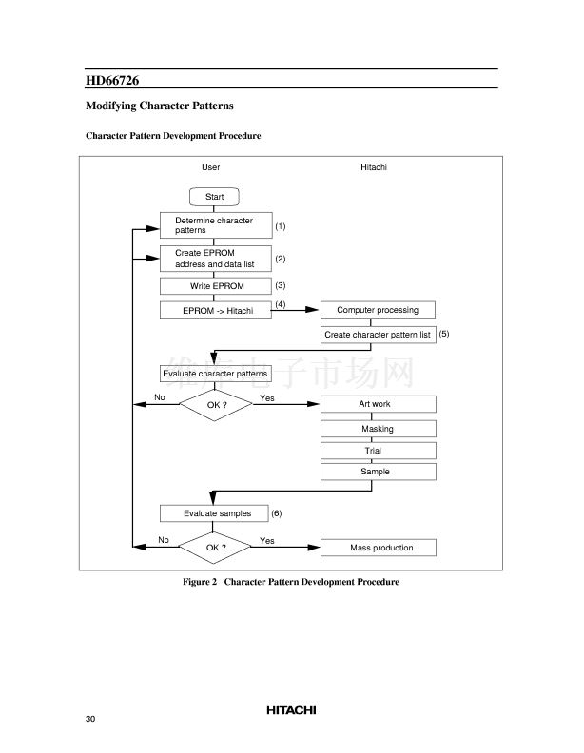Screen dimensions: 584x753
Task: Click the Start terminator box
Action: pos(214,197)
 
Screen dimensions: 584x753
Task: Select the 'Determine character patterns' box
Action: pos(216,225)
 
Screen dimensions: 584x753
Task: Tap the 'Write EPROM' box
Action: pos(216,286)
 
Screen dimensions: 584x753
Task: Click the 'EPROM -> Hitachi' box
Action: pos(216,310)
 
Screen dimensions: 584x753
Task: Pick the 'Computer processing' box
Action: pos(378,310)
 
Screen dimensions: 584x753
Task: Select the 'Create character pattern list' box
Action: pos(379,335)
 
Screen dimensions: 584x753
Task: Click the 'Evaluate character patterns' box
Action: pos(216,374)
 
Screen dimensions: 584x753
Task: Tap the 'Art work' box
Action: pos(379,404)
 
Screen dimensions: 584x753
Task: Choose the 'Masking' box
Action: pos(379,429)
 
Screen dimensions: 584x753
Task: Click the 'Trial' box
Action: pos(379,451)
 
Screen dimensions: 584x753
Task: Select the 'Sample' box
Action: pos(379,472)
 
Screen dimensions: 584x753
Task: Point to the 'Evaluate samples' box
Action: pos(214,513)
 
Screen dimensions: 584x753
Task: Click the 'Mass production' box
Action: pos(379,548)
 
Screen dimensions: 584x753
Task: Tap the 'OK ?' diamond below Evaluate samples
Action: pos(215,548)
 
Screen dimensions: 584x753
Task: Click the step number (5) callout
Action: pos(444,334)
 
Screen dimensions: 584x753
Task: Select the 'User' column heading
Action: pos(211,167)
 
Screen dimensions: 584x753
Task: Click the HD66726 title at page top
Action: pos(112,80)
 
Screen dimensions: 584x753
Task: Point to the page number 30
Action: pos(90,719)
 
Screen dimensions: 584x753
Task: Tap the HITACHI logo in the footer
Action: pos(291,710)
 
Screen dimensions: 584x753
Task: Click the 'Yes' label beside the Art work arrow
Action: pos(267,398)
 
